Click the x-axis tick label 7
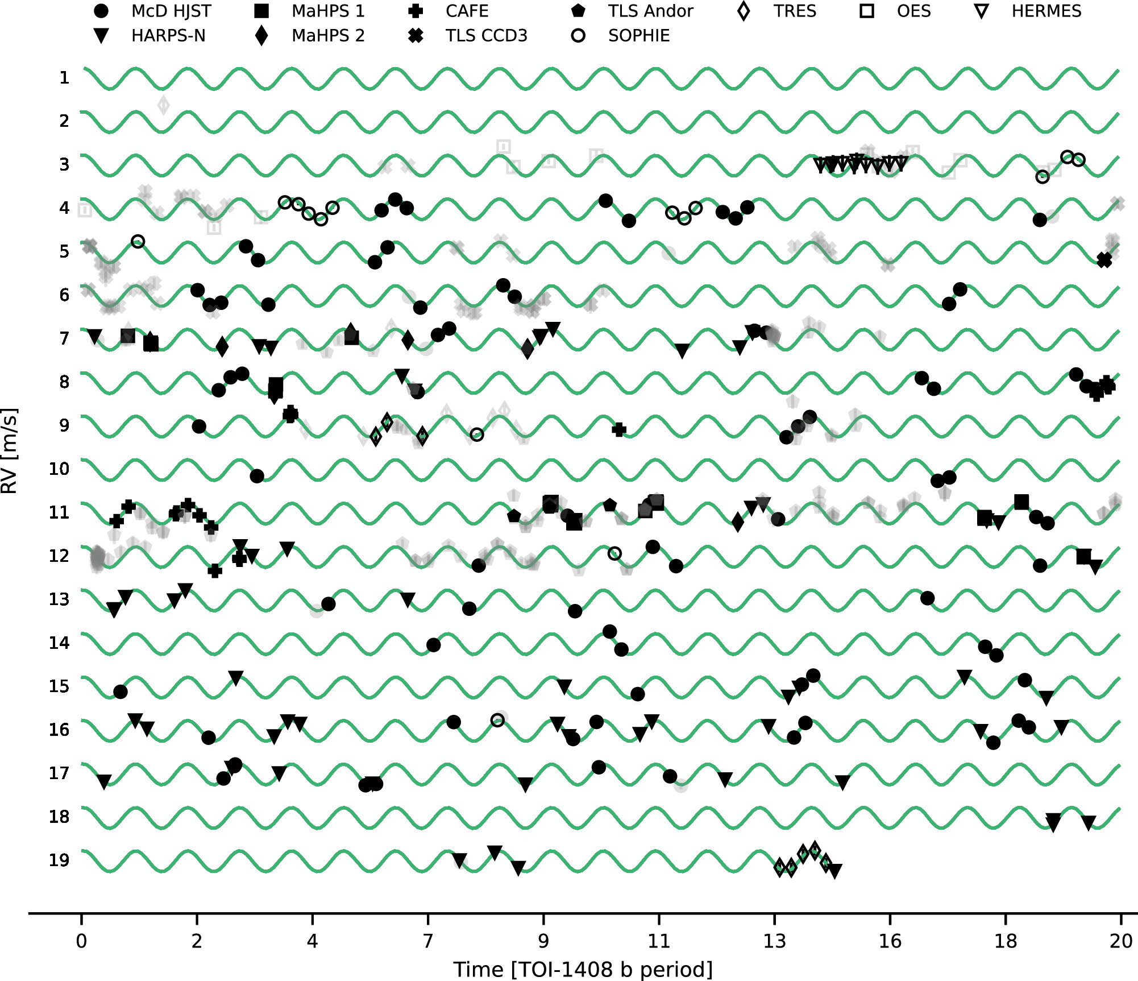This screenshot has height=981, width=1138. point(427,941)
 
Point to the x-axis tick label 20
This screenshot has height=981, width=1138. point(1120,941)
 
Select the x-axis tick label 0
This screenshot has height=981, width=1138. point(81,941)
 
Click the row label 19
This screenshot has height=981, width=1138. point(59,860)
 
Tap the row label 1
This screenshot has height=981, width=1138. point(64,77)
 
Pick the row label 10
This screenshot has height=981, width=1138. point(59,469)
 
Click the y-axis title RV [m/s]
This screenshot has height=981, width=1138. point(10,451)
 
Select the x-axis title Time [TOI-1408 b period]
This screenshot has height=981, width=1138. point(583,969)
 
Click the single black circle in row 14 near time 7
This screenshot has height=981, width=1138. point(433,645)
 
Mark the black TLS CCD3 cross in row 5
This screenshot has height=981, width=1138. point(1104,260)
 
